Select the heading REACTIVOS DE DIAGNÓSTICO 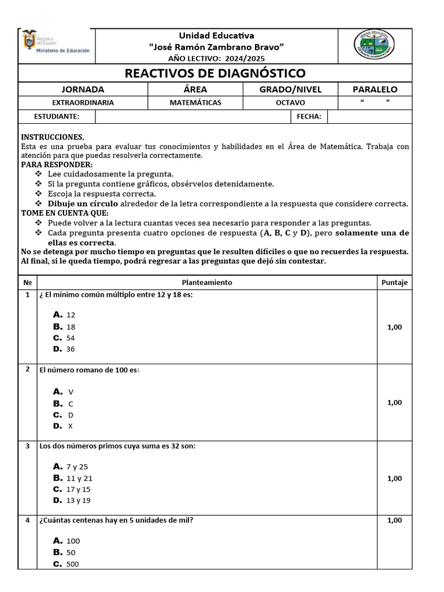pyautogui.click(x=215, y=73)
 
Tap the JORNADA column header pyautogui.click(x=83, y=89)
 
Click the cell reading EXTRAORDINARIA pyautogui.click(x=83, y=102)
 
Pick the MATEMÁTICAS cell pyautogui.click(x=195, y=102)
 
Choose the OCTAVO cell pyautogui.click(x=290, y=102)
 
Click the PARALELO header pyautogui.click(x=375, y=89)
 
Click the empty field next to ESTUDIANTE pyautogui.click(x=193, y=116)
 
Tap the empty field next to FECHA pyautogui.click(x=369, y=116)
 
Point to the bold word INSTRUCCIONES pyautogui.click(x=53, y=137)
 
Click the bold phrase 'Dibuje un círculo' pyautogui.click(x=83, y=203)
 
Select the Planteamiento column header pyautogui.click(x=206, y=282)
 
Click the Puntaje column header pyautogui.click(x=394, y=282)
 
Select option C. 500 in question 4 pyautogui.click(x=66, y=564)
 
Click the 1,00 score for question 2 pyautogui.click(x=394, y=402)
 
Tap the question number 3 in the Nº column pyautogui.click(x=27, y=446)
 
